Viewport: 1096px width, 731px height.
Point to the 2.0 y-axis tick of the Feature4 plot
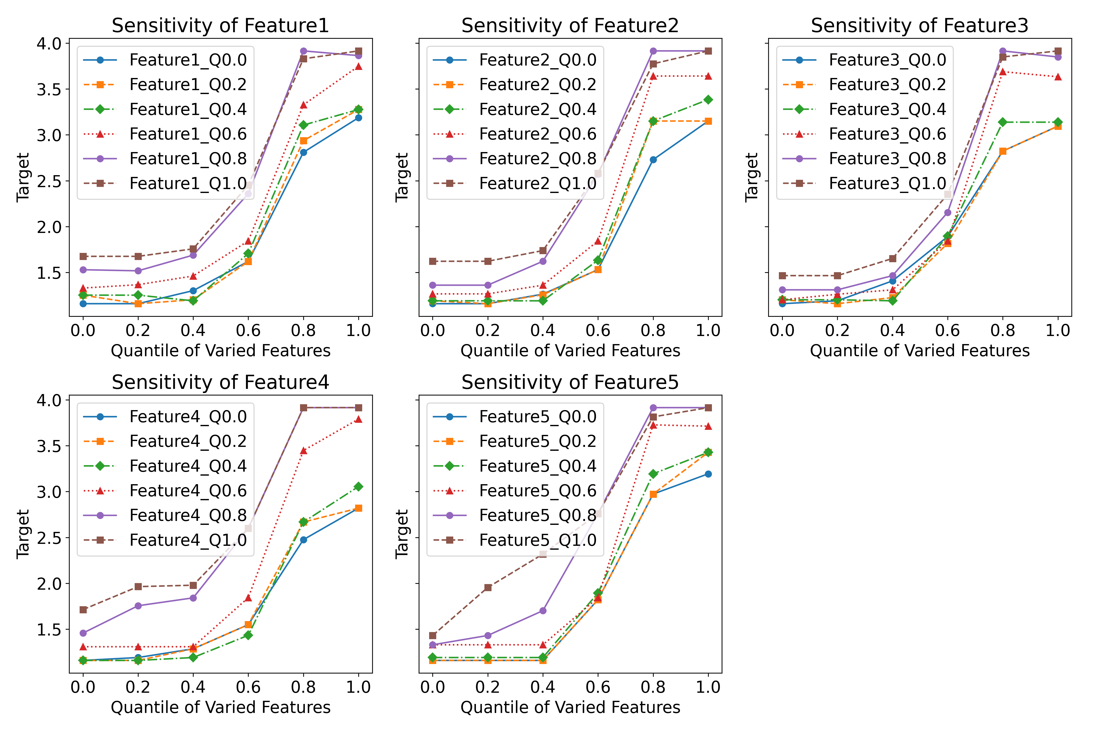[x=49, y=584]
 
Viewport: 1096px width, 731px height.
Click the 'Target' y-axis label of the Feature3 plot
[x=751, y=178]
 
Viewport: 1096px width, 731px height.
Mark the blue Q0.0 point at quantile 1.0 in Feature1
[x=358, y=118]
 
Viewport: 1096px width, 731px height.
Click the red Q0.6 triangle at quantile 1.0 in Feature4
[x=358, y=420]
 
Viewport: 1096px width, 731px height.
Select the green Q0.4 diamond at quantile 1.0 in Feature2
[x=708, y=100]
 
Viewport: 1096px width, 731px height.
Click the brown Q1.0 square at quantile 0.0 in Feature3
[x=782, y=276]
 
